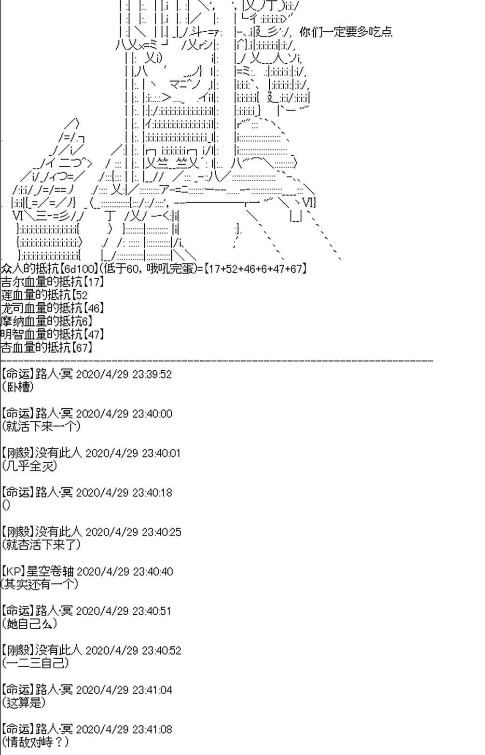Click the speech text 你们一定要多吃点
point(346,32)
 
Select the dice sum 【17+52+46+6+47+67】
point(255,269)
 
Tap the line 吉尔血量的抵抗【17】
point(46,282)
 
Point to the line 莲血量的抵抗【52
point(44,295)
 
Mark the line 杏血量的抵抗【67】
point(46,347)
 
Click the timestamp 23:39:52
point(152,374)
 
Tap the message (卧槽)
point(18,386)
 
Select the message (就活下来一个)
point(41,426)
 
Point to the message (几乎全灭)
point(29,465)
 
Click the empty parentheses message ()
point(6,505)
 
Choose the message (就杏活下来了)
point(41,544)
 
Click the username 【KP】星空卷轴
point(38,571)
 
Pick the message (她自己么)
point(29,623)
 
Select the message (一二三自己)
point(35,663)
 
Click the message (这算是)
point(24,702)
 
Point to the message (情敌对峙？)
point(35,742)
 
